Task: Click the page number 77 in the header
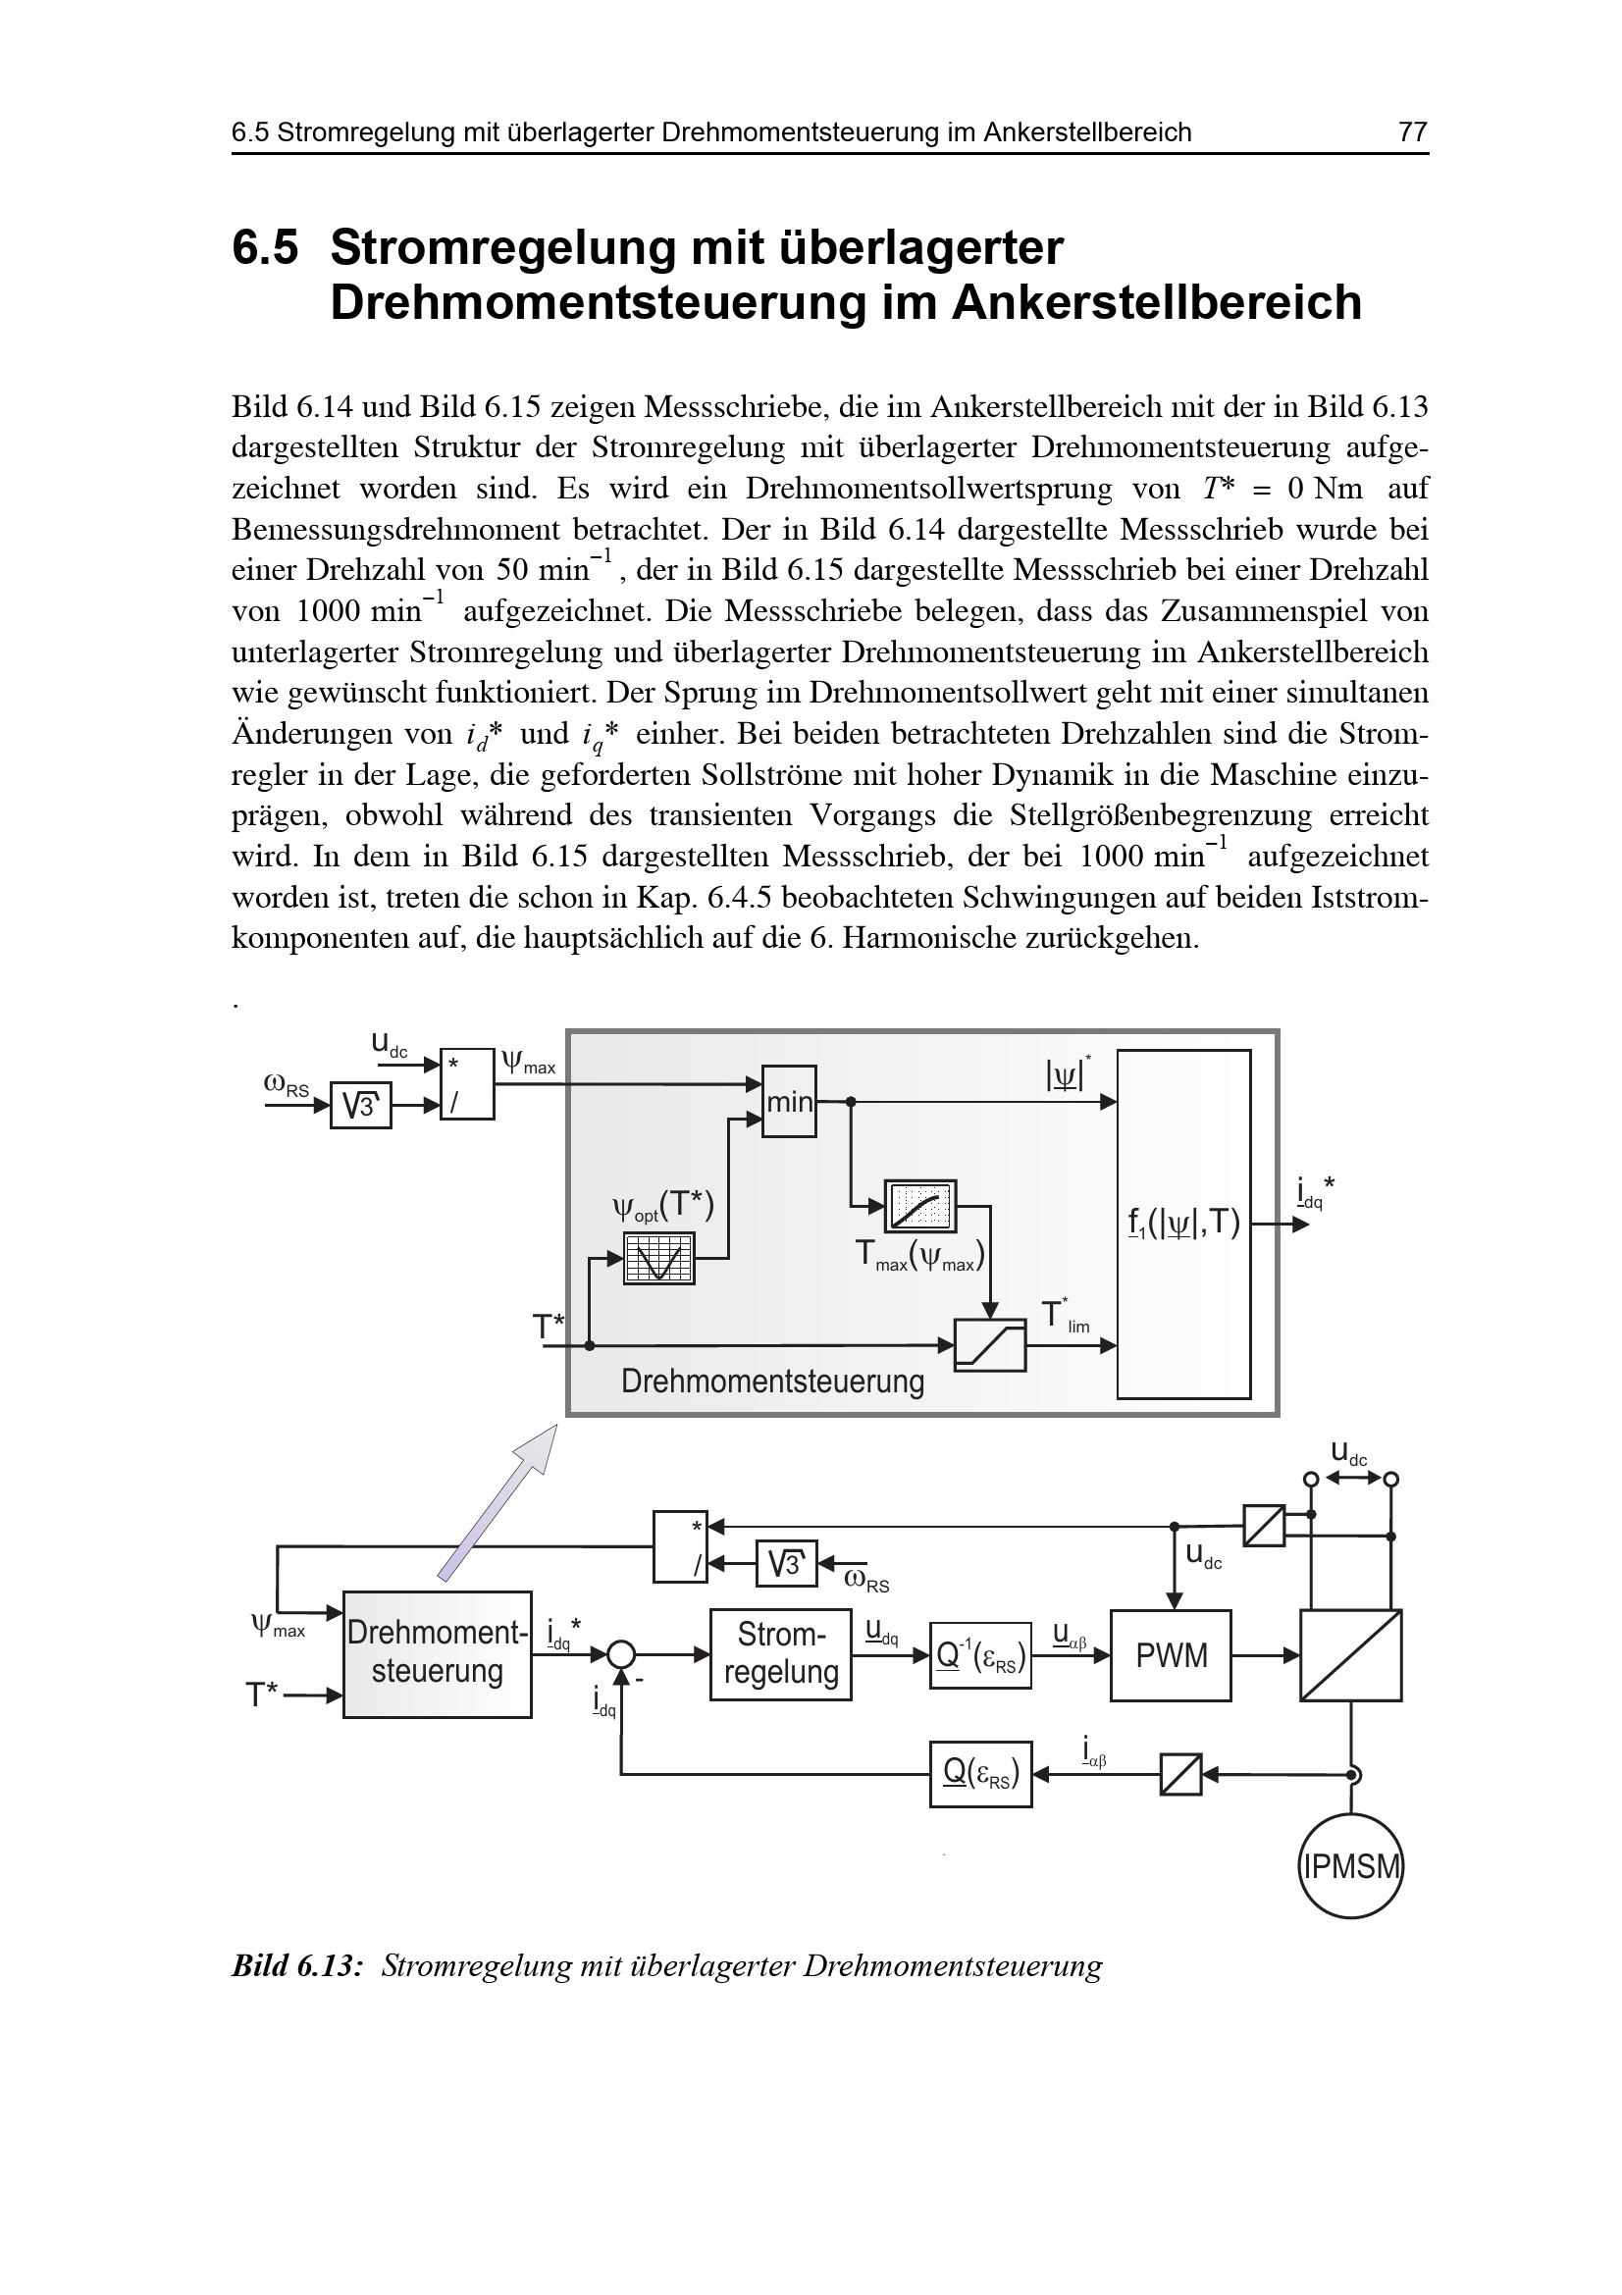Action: [x=1412, y=131]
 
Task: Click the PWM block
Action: [x=1171, y=1656]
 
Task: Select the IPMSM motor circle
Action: [x=1350, y=1866]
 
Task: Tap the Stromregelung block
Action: [x=780, y=1655]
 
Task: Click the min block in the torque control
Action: [x=790, y=1102]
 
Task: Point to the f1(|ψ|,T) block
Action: [x=1183, y=1224]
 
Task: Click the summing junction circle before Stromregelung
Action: [x=620, y=1655]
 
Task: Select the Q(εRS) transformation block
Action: [x=980, y=1774]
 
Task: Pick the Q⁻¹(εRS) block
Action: [x=980, y=1656]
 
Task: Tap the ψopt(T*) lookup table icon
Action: [x=658, y=1259]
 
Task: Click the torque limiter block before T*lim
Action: [x=989, y=1345]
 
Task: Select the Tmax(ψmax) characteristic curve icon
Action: [x=920, y=1207]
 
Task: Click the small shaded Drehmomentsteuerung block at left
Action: [x=437, y=1654]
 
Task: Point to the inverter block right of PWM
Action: [x=1350, y=1655]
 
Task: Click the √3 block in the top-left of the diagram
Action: [x=361, y=1106]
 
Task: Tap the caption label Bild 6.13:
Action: [x=296, y=1967]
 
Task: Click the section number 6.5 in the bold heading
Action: [x=265, y=248]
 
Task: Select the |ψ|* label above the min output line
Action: [x=1068, y=1074]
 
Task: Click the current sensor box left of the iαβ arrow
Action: [x=1180, y=1775]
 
